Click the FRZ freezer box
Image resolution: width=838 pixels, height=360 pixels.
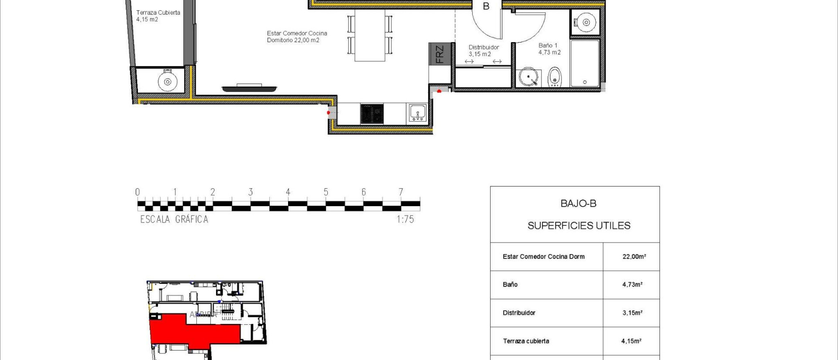click(439, 54)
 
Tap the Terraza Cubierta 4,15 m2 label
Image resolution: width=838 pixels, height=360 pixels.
click(158, 16)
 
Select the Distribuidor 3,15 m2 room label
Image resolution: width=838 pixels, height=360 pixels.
click(483, 50)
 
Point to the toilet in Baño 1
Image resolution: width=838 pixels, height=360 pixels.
click(554, 77)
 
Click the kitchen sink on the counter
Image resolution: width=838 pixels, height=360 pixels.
click(417, 112)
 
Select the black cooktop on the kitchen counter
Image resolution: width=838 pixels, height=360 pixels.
click(372, 114)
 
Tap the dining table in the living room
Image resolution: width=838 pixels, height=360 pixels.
click(370, 35)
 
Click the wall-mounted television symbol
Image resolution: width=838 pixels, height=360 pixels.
click(249, 88)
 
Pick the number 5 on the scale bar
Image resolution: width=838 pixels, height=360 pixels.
click(326, 192)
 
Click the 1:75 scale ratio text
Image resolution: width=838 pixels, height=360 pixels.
click(405, 219)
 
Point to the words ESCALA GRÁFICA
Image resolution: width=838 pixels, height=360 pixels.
click(174, 219)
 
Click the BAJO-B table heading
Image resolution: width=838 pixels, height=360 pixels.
click(578, 203)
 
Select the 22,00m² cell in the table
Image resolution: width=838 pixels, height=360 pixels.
click(634, 256)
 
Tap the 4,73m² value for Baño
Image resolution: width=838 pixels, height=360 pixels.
click(632, 284)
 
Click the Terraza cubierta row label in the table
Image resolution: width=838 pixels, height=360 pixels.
click(526, 341)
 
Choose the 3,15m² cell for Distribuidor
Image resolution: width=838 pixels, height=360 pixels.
click(632, 313)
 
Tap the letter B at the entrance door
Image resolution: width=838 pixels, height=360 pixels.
click(486, 6)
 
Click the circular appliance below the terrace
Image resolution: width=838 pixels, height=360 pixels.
click(167, 82)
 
